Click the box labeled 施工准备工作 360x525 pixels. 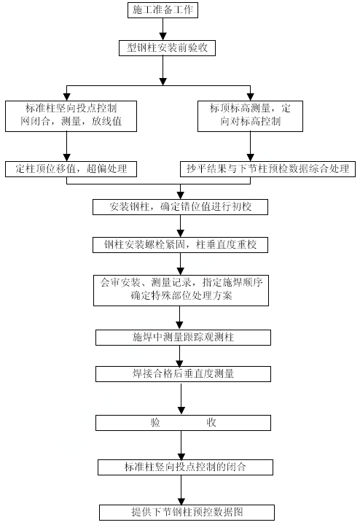163,10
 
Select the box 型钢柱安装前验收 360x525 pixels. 167,48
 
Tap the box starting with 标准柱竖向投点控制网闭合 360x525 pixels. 71,116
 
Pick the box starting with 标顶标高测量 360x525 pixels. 250,116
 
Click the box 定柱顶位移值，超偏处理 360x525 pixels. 71,169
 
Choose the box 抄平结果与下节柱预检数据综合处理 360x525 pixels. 267,169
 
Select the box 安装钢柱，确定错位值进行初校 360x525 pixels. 180,207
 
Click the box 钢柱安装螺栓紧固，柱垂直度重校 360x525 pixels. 180,245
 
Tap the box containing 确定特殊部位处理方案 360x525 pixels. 181,290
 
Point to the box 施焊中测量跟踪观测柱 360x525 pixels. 183,338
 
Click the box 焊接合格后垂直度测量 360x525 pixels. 183,374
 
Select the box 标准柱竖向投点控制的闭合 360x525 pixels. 185,467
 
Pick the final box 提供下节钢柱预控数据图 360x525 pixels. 187,513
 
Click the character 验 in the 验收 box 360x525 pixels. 155,422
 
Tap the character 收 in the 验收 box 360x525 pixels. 211,422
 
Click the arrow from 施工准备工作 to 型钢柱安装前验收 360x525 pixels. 163,29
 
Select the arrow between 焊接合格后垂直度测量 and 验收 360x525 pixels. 181,399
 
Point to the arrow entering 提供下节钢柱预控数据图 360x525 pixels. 181,490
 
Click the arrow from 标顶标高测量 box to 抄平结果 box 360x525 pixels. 250,147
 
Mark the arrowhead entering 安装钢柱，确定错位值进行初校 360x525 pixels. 180,196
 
